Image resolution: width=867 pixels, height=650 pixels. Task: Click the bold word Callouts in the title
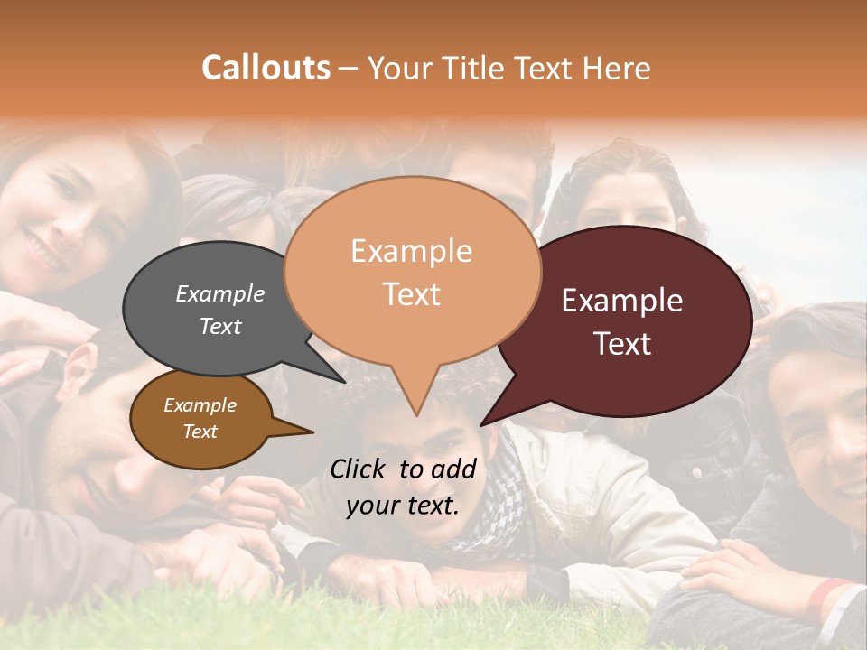tap(266, 68)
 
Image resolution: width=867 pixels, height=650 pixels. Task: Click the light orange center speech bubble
tap(413, 271)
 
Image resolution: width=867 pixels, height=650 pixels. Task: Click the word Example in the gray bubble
tap(220, 294)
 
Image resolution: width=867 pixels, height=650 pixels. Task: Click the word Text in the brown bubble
tap(200, 432)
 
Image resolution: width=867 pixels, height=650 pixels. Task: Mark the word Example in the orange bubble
tap(412, 251)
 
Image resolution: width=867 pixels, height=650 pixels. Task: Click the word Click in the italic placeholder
tap(359, 469)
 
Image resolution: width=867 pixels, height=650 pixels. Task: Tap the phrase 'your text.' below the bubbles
tap(403, 506)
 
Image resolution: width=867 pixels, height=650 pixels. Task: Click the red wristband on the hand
tap(829, 591)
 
